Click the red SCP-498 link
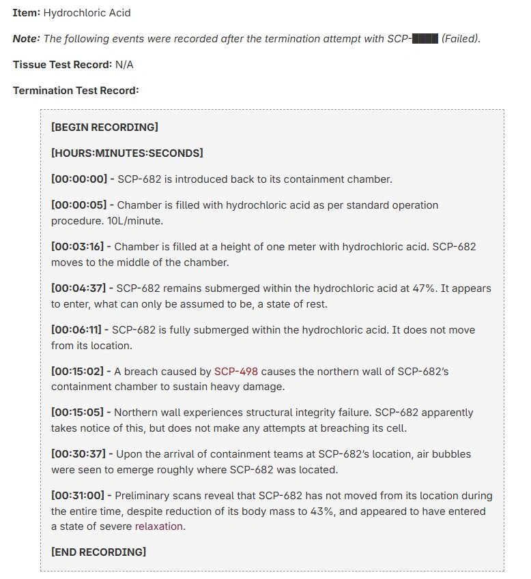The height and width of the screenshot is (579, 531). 236,372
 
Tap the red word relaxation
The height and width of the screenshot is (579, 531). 159,526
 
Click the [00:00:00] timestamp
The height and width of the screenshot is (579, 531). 79,179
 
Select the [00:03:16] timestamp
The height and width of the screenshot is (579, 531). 78,247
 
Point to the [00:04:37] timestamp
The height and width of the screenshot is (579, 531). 79,288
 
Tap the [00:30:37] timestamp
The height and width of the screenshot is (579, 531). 78,454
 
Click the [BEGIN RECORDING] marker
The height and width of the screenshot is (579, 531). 104,128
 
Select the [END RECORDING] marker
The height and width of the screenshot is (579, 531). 98,552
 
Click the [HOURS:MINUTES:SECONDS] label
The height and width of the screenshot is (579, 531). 127,153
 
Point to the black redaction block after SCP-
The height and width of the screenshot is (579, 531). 425,39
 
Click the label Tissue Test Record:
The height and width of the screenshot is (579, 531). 62,65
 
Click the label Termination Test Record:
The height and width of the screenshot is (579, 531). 76,91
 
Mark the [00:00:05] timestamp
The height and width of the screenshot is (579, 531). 79,205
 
